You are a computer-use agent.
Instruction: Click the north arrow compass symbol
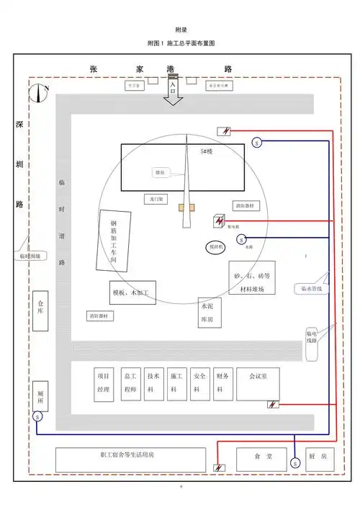(x=39, y=91)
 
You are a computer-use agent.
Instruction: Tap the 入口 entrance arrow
(x=173, y=93)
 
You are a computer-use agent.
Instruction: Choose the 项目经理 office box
(x=103, y=382)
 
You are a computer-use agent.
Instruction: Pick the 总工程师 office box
(x=130, y=382)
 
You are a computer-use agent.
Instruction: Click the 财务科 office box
(x=222, y=382)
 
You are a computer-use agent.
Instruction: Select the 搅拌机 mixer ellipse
(x=216, y=247)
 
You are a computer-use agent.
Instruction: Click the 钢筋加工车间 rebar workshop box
(x=114, y=240)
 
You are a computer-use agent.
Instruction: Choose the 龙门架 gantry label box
(x=156, y=198)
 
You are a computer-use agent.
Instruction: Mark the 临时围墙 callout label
(x=31, y=256)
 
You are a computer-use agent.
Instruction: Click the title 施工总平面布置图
(x=191, y=45)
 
